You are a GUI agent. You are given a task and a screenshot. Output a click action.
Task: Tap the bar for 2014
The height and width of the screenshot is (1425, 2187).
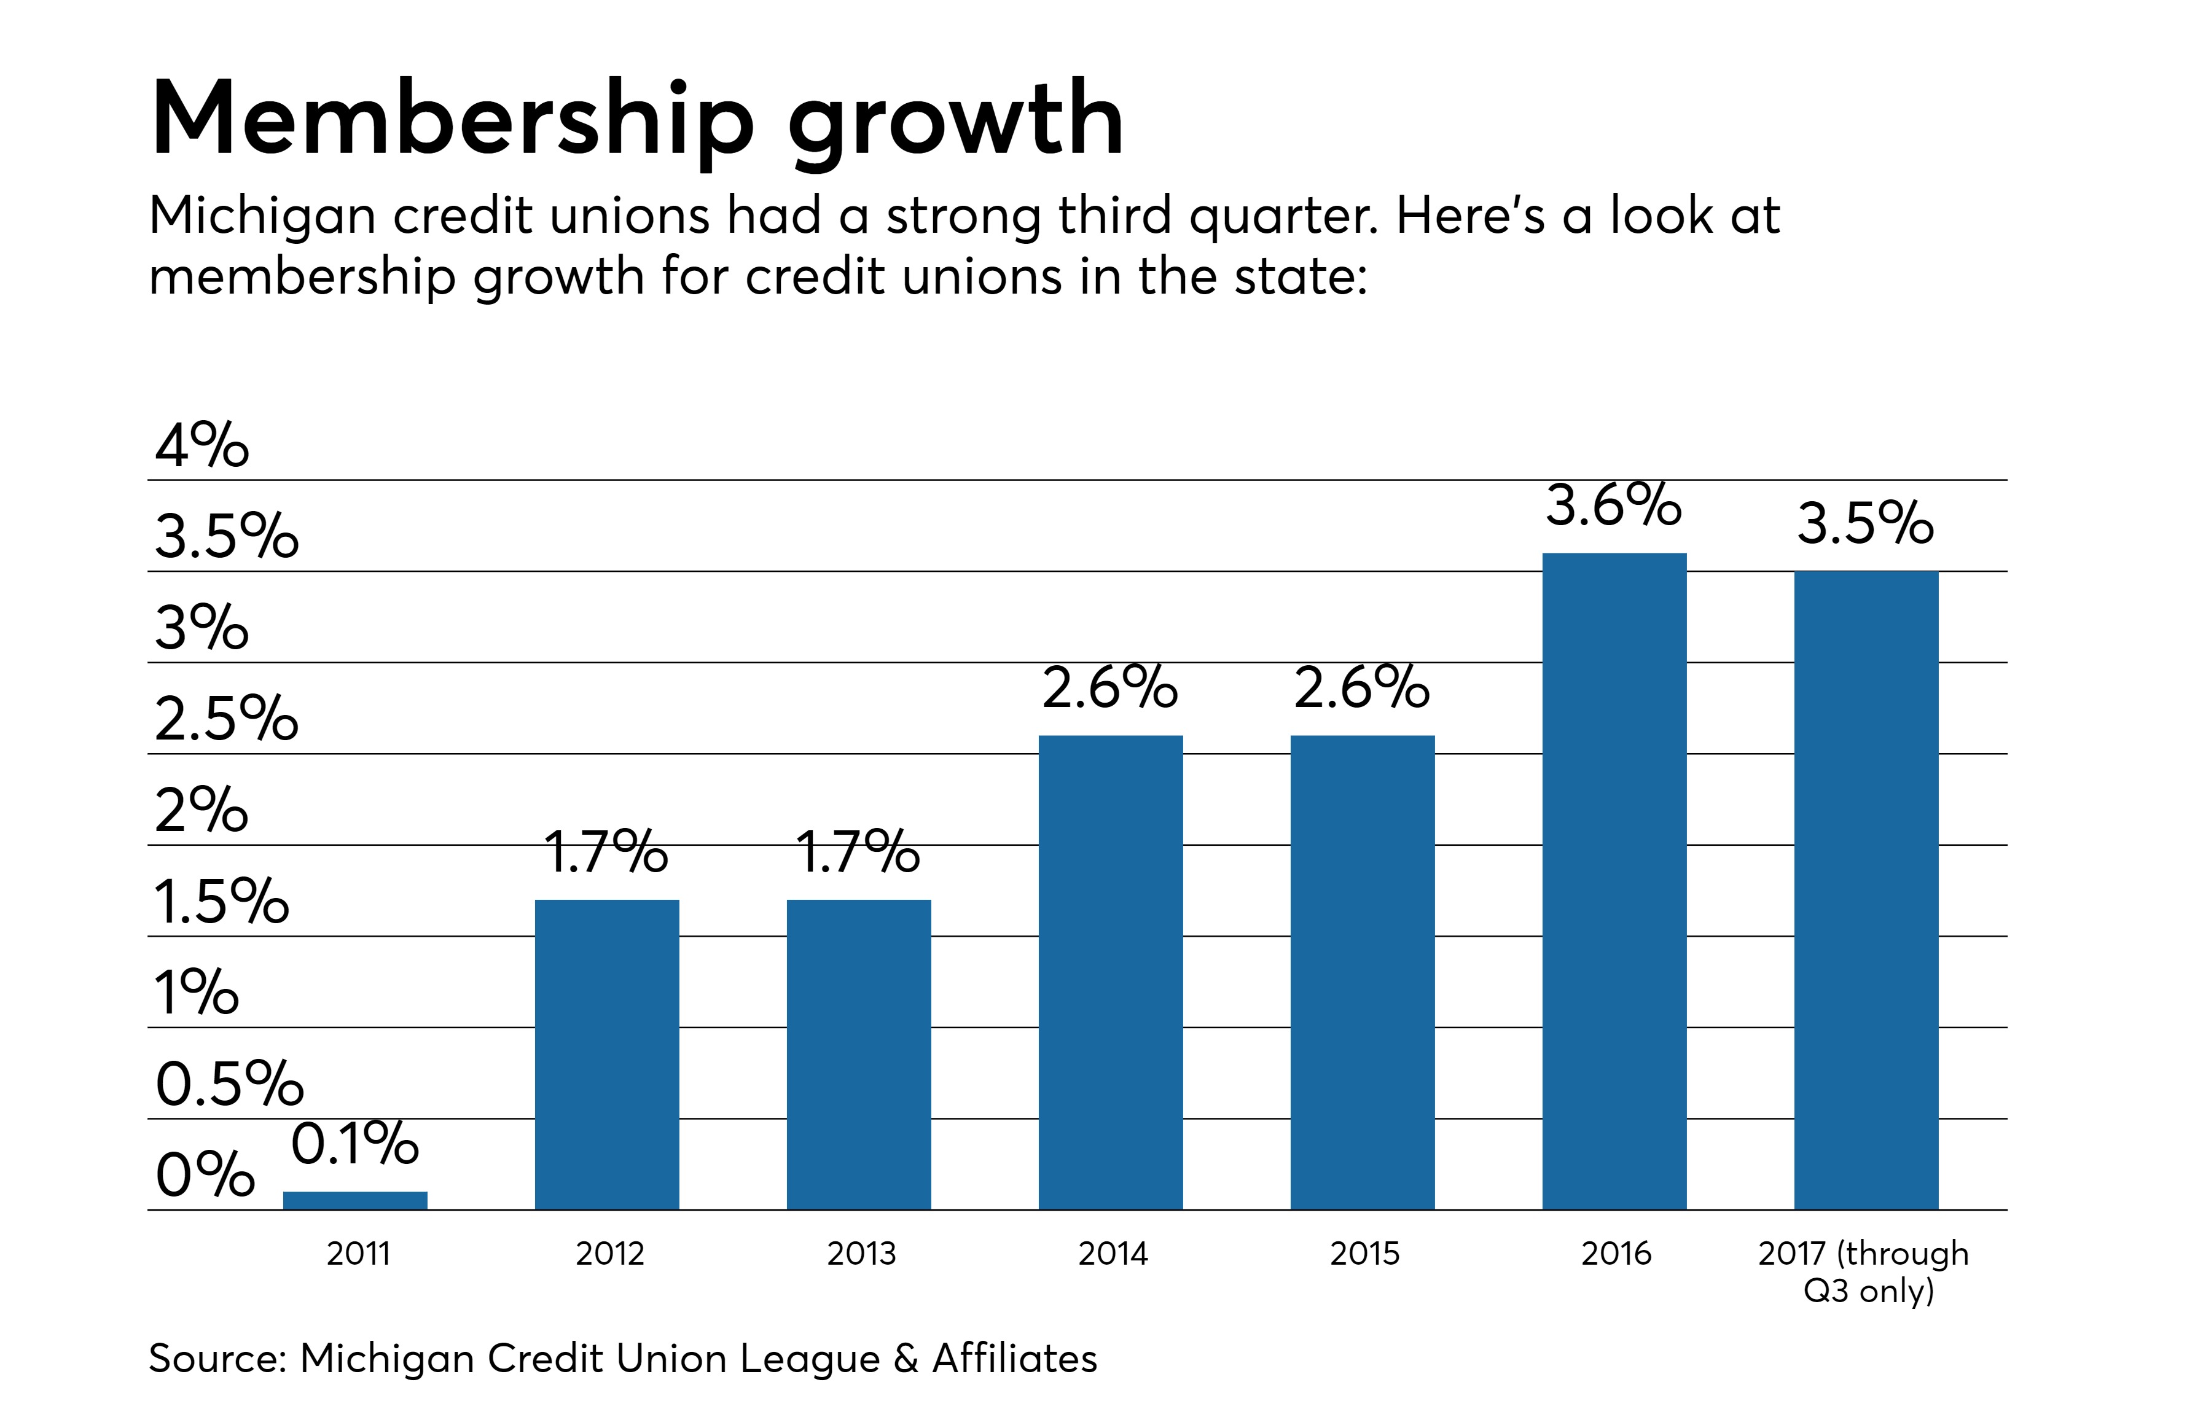click(x=1110, y=972)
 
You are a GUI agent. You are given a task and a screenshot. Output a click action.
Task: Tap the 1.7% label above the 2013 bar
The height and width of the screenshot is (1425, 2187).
click(x=858, y=852)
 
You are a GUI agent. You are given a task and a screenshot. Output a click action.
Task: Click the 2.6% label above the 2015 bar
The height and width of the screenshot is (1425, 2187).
click(x=1362, y=687)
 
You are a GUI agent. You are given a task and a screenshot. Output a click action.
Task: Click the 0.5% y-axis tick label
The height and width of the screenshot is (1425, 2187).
click(x=229, y=1083)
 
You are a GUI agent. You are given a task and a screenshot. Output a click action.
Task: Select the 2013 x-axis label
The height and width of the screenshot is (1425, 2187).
click(x=861, y=1253)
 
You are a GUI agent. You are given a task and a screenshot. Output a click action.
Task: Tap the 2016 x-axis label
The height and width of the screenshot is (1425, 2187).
click(x=1616, y=1253)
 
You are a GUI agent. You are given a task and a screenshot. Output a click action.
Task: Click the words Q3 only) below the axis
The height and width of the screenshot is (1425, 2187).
click(x=1868, y=1291)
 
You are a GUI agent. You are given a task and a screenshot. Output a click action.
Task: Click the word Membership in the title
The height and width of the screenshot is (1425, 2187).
click(x=452, y=119)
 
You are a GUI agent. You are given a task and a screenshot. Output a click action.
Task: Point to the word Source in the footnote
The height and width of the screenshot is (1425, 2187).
click(x=216, y=1358)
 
